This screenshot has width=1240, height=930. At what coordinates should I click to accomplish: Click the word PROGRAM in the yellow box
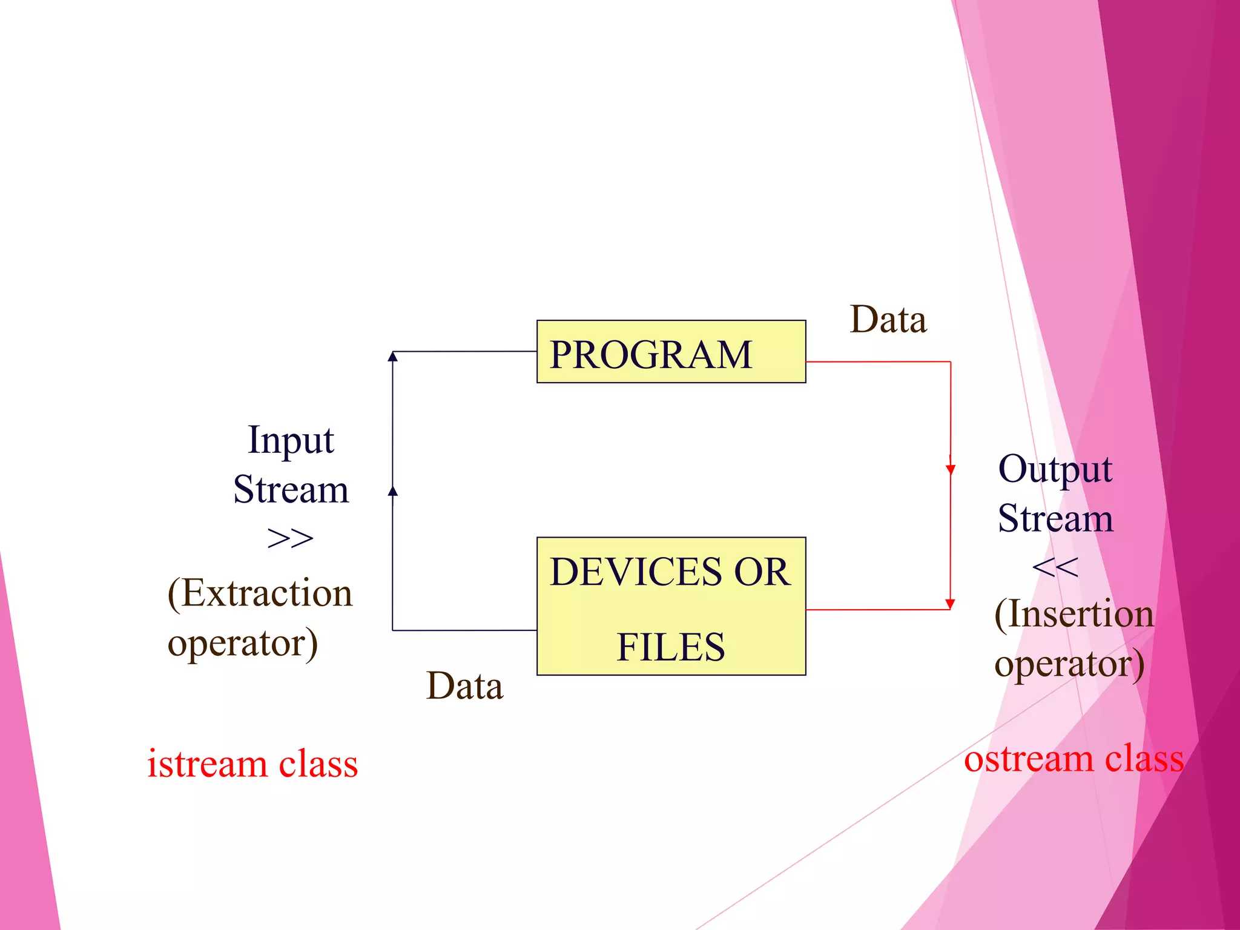pos(651,355)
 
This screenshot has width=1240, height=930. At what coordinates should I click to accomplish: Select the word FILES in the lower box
pos(671,647)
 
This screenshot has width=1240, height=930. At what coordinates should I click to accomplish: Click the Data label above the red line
pos(888,320)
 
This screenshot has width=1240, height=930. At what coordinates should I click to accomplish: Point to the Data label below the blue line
pos(464,686)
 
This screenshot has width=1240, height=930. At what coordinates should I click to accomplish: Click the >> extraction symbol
pos(290,538)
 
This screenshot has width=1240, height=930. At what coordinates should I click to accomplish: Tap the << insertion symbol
pos(1055,568)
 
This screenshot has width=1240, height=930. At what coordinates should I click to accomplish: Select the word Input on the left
pos(291,440)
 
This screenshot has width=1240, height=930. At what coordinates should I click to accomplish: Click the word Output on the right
pos(1055,469)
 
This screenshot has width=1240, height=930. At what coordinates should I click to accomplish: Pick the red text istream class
pos(252,763)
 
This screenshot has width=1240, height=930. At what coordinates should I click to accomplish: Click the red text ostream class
pos(1073,759)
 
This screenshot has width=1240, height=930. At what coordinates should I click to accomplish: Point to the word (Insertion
pos(1074,615)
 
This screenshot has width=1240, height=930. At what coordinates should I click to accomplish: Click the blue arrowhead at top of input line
pos(393,356)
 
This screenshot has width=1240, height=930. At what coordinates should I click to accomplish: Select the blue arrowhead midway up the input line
pos(393,491)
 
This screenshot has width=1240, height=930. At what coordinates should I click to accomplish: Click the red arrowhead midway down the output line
pos(951,469)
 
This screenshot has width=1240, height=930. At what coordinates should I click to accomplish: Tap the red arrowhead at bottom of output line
pos(951,604)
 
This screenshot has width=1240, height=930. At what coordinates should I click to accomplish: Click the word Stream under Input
pos(291,490)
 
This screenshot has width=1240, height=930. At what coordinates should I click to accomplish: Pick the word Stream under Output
pos(1055,519)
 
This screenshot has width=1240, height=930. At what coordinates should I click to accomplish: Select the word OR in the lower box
pos(762,572)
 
